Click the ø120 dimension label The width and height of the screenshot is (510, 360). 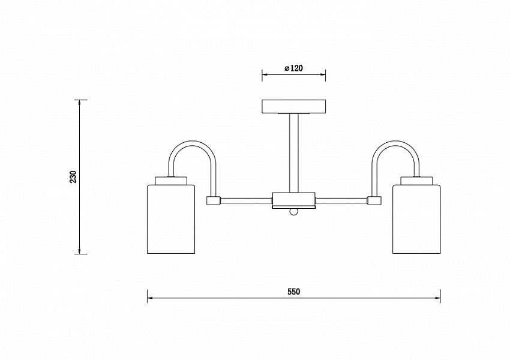pos(293,68)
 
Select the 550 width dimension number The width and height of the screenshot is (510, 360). pos(294,292)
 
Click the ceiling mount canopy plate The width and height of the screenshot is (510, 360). pos(294,107)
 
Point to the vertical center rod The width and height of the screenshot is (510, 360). pos(294,153)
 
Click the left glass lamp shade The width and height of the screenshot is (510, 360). pos(171,219)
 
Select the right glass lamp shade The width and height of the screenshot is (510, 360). pos(416,219)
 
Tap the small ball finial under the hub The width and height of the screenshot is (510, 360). pos(294,212)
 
